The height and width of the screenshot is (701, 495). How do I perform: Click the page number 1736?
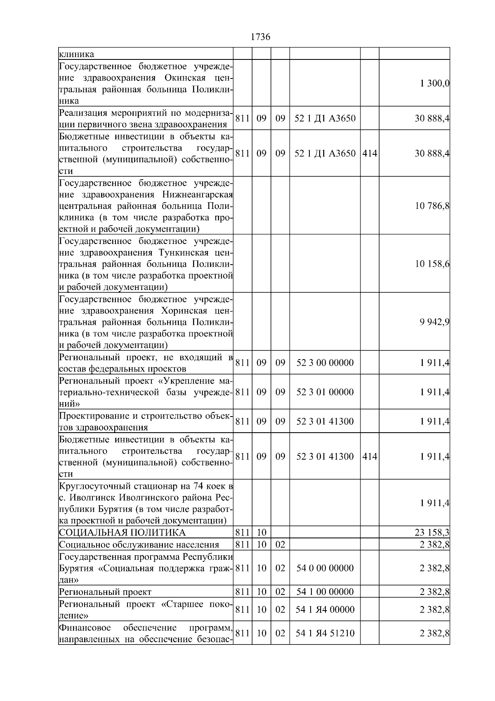tap(260, 37)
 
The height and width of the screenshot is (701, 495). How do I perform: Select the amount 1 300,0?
tap(435, 83)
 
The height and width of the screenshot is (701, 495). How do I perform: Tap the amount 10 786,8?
tap(432, 206)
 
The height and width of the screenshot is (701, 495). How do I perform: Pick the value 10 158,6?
tap(432, 264)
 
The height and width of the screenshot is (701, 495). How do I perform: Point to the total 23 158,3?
tap(432, 533)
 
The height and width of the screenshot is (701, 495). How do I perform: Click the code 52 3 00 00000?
tap(325, 363)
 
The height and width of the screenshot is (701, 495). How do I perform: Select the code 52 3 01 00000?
tap(325, 392)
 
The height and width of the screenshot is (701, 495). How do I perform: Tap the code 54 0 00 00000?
tap(325, 568)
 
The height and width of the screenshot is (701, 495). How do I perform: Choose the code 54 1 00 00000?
tap(325, 592)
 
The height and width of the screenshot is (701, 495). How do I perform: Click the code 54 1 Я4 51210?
tap(325, 633)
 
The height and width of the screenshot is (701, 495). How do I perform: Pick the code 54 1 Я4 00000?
tap(325, 609)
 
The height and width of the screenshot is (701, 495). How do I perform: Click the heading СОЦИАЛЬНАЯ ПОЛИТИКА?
tap(123, 533)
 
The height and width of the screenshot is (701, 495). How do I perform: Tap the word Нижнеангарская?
tap(198, 194)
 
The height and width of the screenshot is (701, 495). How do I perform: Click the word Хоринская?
tap(185, 310)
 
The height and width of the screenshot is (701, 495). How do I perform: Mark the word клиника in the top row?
tap(76, 54)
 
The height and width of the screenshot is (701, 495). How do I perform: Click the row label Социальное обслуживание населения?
tap(139, 545)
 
